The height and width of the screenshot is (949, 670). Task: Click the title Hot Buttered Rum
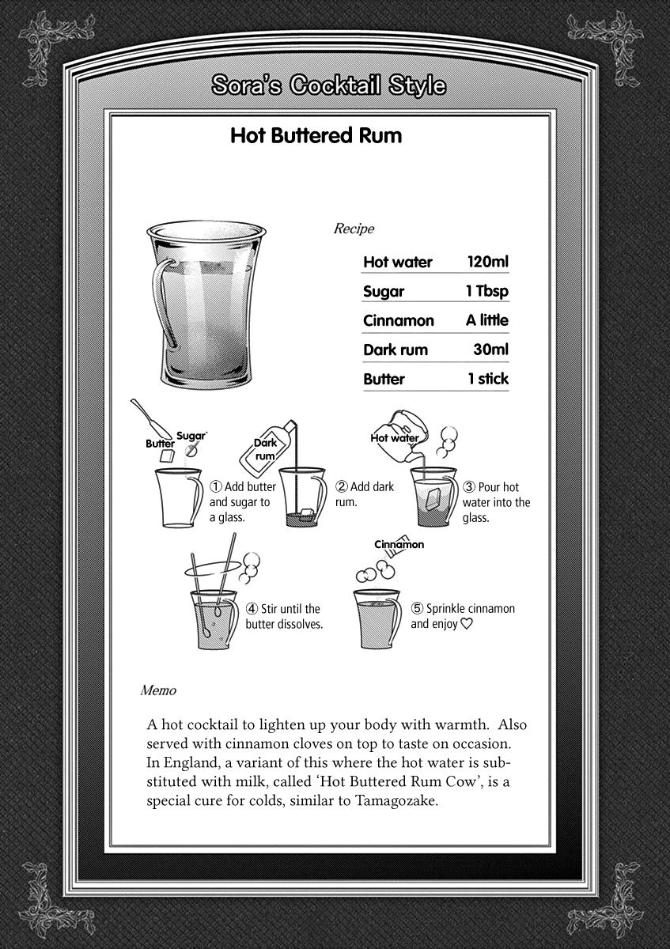(316, 135)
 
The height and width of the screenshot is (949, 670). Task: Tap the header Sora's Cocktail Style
(328, 85)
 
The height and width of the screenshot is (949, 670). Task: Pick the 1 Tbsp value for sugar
(486, 291)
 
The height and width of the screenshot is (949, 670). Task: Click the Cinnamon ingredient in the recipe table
(399, 320)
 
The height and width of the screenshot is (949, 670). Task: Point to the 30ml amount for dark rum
(490, 350)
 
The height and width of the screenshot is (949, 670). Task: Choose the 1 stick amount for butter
(487, 379)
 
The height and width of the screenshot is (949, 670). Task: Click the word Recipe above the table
(354, 229)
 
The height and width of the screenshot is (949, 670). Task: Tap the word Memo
(157, 690)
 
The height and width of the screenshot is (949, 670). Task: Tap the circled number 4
(252, 609)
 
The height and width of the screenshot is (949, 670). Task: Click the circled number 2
(342, 487)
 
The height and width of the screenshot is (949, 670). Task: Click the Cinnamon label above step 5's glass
(399, 544)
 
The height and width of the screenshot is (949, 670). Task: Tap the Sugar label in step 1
(191, 436)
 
